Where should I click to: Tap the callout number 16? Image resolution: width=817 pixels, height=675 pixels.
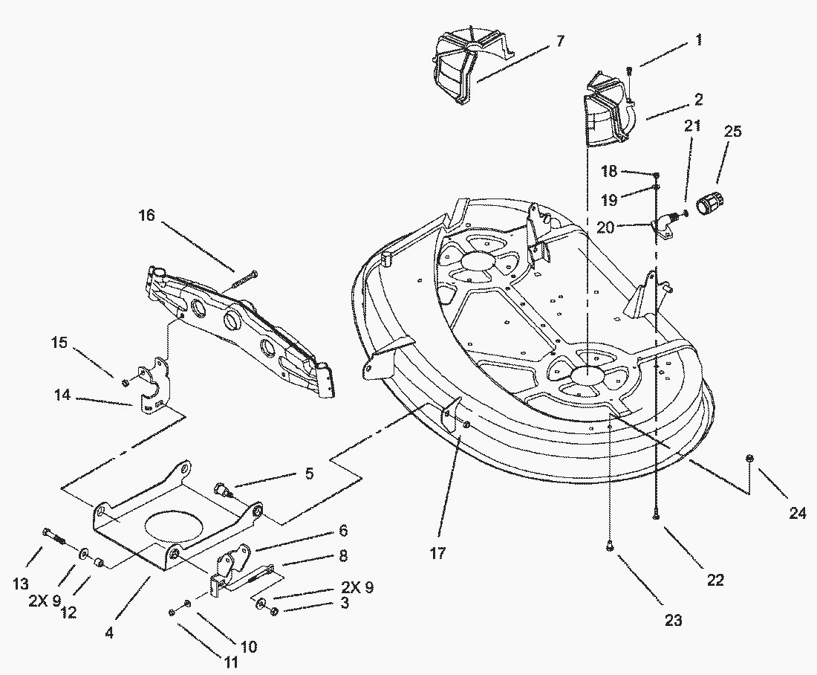[147, 216]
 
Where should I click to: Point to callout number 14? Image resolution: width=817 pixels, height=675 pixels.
[62, 395]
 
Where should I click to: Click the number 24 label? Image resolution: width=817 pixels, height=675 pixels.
[797, 513]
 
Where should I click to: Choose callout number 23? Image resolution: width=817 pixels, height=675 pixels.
[674, 619]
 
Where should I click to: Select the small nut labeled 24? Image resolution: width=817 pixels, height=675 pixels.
[750, 459]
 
